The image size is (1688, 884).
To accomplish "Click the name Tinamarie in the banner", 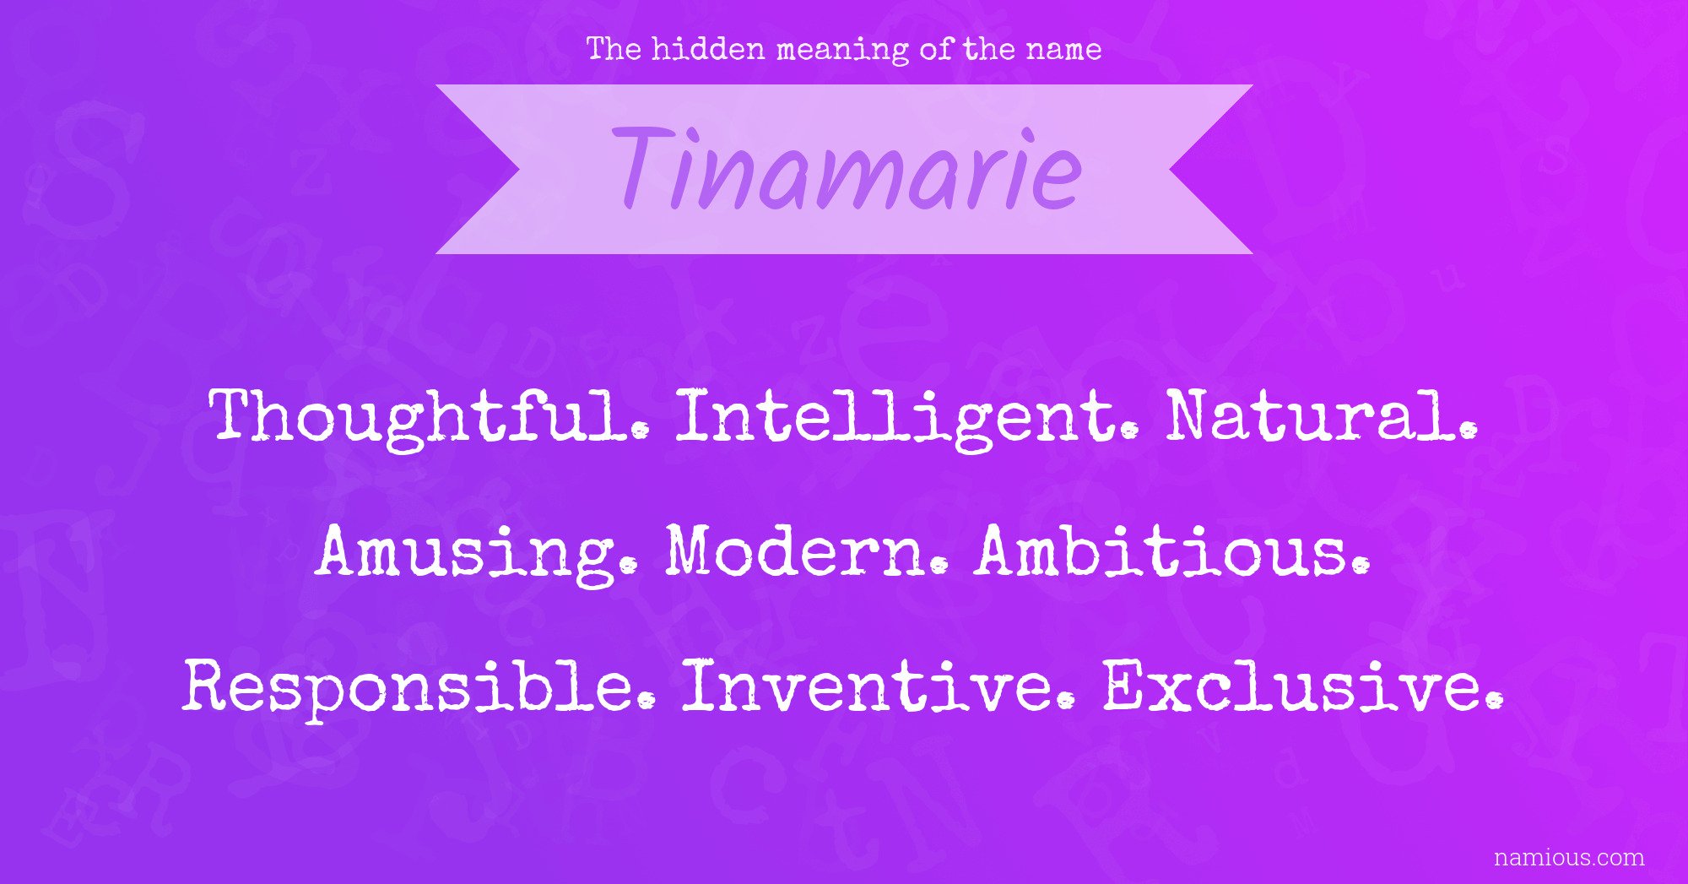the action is pos(847,169).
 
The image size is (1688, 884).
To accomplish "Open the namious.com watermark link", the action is pos(1569,858).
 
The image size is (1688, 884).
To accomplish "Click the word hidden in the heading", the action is pos(708,49).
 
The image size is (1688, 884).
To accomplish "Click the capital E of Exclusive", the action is pos(1129,685).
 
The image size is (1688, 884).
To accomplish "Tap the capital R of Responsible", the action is pos(210,685).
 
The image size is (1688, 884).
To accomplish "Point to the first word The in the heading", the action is pos(614,49).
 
